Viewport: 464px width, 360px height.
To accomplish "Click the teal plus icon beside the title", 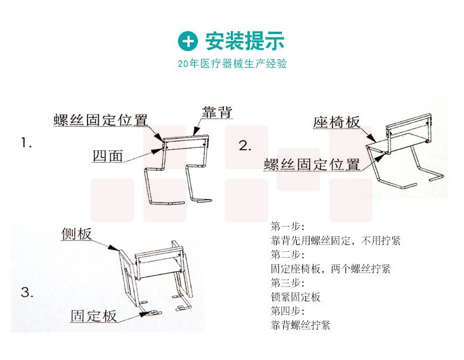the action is click(x=187, y=41).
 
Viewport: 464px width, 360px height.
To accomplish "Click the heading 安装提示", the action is click(x=245, y=41).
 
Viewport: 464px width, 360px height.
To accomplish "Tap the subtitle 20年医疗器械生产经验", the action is click(x=233, y=63).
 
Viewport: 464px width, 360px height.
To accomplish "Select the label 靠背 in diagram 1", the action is click(x=217, y=112).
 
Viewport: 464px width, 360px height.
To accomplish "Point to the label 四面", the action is click(x=107, y=156).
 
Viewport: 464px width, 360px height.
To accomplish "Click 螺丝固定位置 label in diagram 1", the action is click(x=100, y=120).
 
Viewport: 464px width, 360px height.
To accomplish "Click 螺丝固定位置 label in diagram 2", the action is click(x=312, y=164).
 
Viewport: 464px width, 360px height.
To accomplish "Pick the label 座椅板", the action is click(x=337, y=122).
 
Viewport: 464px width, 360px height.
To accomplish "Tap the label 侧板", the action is click(x=76, y=234).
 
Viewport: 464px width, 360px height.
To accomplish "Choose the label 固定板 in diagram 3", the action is click(x=93, y=315).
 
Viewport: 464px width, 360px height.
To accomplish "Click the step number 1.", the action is click(x=26, y=143).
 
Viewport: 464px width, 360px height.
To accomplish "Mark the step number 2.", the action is click(x=245, y=146).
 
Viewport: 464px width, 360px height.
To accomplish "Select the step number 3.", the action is click(x=27, y=292).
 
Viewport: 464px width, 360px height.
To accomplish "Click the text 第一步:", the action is click(x=287, y=227).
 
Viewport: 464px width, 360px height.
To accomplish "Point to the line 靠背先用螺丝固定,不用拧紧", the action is click(x=335, y=241).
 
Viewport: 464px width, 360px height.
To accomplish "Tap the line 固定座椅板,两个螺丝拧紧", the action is click(x=331, y=268).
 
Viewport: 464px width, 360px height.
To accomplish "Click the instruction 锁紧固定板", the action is click(x=295, y=297).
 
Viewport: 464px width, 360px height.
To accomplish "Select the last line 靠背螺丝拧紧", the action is click(x=300, y=325).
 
